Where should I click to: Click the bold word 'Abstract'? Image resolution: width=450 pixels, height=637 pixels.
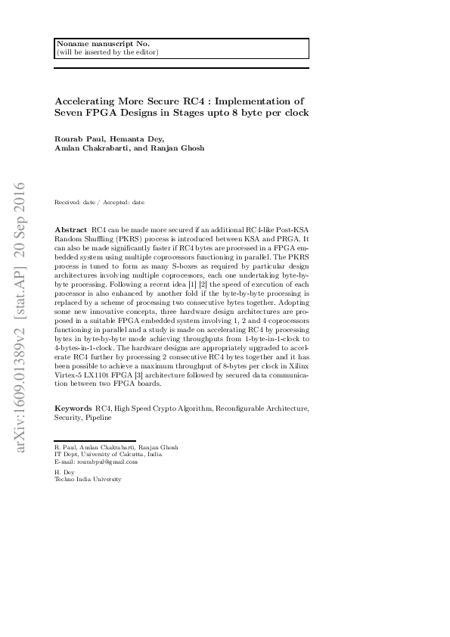click(x=71, y=228)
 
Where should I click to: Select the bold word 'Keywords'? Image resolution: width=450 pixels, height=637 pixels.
click(x=73, y=409)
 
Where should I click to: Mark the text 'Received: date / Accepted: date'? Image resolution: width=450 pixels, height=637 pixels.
click(x=99, y=203)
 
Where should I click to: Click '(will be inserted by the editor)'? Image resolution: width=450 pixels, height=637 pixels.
click(x=107, y=52)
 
